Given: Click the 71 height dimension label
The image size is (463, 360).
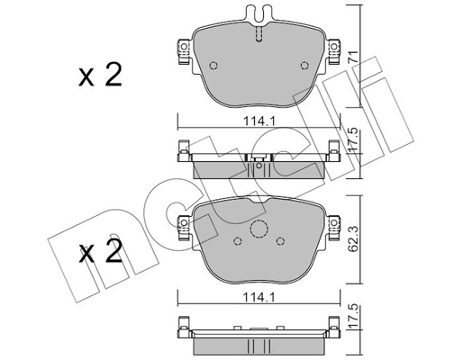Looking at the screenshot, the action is (353, 57).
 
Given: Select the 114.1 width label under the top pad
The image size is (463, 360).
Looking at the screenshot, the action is (259, 121).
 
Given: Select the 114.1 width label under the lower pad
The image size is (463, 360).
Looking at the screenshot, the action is (259, 298).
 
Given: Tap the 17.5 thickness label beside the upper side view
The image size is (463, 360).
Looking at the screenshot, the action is (353, 139).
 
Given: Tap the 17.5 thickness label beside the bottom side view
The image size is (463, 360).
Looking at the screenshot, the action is (353, 316).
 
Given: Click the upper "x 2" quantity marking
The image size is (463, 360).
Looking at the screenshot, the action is (100, 76).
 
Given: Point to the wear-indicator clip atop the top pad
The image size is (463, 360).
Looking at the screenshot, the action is (259, 14).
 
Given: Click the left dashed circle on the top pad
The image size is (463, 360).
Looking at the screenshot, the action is (213, 66).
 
